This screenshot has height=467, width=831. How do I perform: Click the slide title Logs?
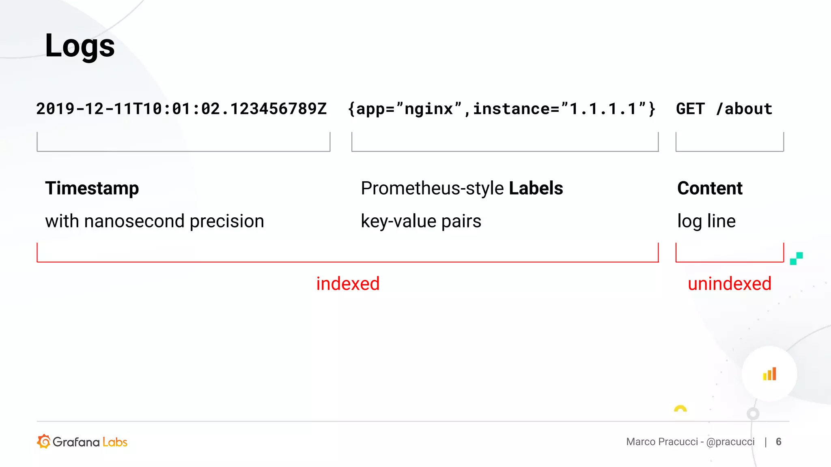click(80, 46)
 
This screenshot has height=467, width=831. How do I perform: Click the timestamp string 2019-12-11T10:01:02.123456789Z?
click(181, 109)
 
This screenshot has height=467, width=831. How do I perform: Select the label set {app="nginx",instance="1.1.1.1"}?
click(502, 109)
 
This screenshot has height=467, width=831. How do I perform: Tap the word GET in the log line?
click(690, 109)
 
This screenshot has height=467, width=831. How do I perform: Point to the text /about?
click(744, 109)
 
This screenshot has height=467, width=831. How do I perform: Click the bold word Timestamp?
click(92, 188)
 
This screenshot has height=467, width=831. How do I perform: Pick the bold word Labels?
click(536, 188)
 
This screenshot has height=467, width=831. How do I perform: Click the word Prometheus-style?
click(432, 189)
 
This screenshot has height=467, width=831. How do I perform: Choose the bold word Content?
click(710, 188)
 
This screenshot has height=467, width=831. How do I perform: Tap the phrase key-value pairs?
click(421, 221)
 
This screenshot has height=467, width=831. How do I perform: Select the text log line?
click(706, 221)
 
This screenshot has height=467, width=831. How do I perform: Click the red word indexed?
click(348, 284)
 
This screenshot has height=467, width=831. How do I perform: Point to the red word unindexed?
click(729, 284)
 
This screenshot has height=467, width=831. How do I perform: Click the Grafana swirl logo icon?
click(44, 441)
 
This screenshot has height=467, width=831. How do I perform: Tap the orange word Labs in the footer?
click(115, 442)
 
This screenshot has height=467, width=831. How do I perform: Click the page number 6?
click(778, 441)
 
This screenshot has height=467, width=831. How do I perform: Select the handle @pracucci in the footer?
click(730, 442)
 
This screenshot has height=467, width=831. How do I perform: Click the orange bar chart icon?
click(769, 374)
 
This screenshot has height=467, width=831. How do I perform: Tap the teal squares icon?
click(796, 258)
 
